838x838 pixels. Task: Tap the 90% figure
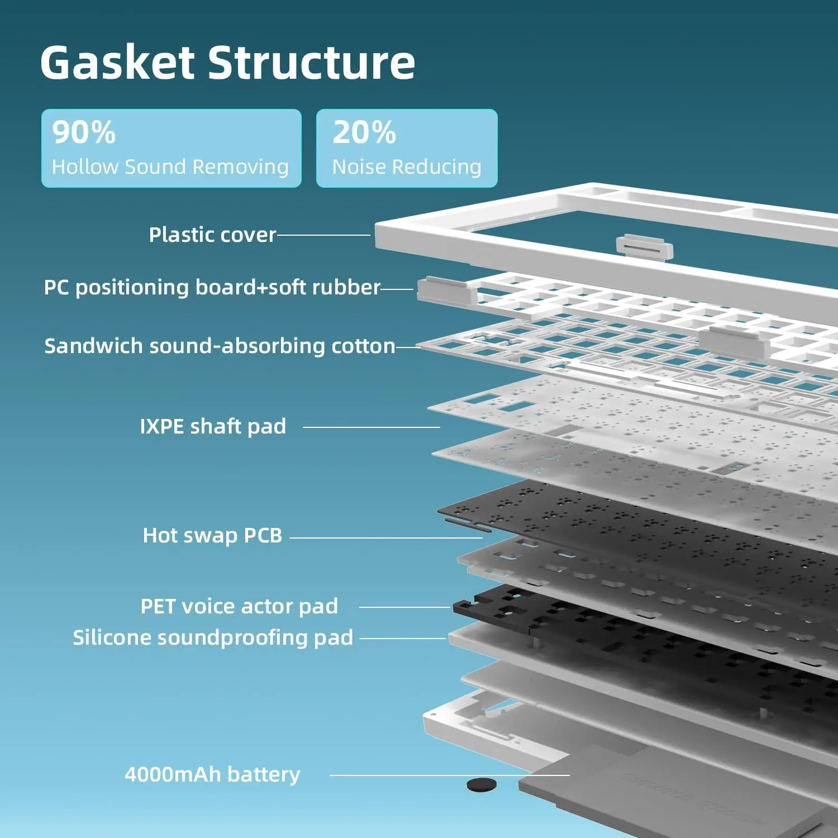[84, 132]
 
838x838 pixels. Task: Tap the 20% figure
[364, 132]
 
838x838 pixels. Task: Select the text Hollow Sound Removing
[170, 166]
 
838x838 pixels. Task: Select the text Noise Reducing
[406, 166]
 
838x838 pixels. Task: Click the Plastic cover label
[212, 235]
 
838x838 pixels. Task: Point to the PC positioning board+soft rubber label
[212, 287]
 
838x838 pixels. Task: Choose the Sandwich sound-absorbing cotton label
[220, 346]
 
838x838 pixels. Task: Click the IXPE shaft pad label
[212, 426]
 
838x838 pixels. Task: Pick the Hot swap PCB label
[212, 535]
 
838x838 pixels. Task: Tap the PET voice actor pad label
[239, 606]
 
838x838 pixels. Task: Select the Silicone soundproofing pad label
[213, 637]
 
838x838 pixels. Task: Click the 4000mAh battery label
[212, 774]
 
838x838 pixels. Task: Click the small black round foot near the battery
[481, 784]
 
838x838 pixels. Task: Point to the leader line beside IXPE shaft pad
[371, 427]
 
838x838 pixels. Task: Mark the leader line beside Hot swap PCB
[385, 538]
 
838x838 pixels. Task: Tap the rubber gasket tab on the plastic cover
[644, 246]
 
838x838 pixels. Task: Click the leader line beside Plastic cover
[324, 235]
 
